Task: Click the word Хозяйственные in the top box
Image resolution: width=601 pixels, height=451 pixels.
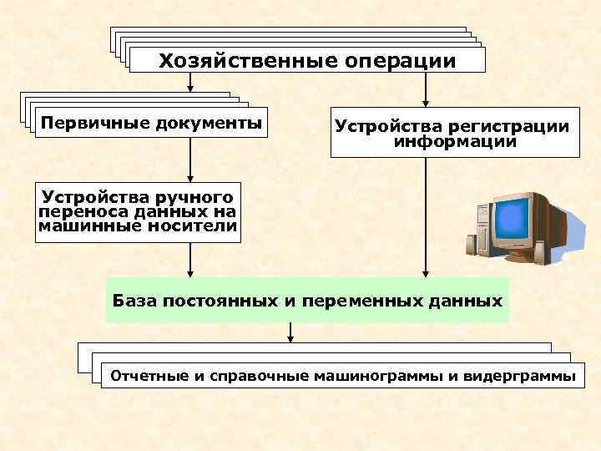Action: click(242, 61)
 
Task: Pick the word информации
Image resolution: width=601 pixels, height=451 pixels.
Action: click(455, 143)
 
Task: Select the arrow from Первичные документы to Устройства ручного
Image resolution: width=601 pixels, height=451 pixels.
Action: click(191, 159)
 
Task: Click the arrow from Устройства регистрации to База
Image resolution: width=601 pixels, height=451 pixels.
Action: click(427, 217)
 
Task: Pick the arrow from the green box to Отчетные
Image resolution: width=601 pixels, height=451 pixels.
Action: click(290, 333)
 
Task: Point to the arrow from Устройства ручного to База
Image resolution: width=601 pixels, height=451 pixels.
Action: click(191, 260)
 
